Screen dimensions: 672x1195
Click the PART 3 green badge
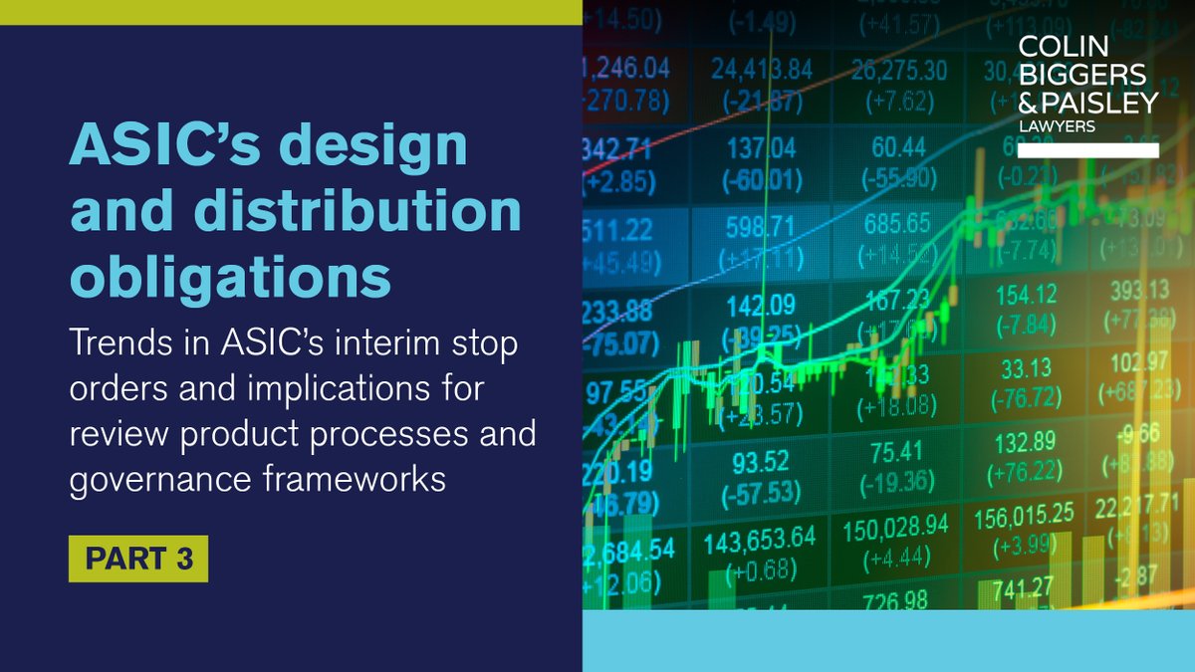tap(138, 560)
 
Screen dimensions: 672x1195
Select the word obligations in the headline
tap(230, 280)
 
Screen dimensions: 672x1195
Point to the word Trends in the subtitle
tap(115, 343)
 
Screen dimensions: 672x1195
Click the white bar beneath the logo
tap(1087, 150)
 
